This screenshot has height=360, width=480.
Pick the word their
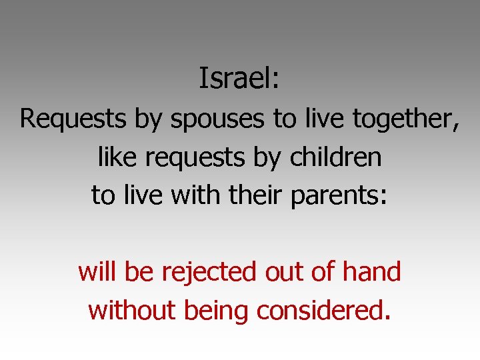pos(253,195)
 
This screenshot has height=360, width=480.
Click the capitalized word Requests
pos(74,119)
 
